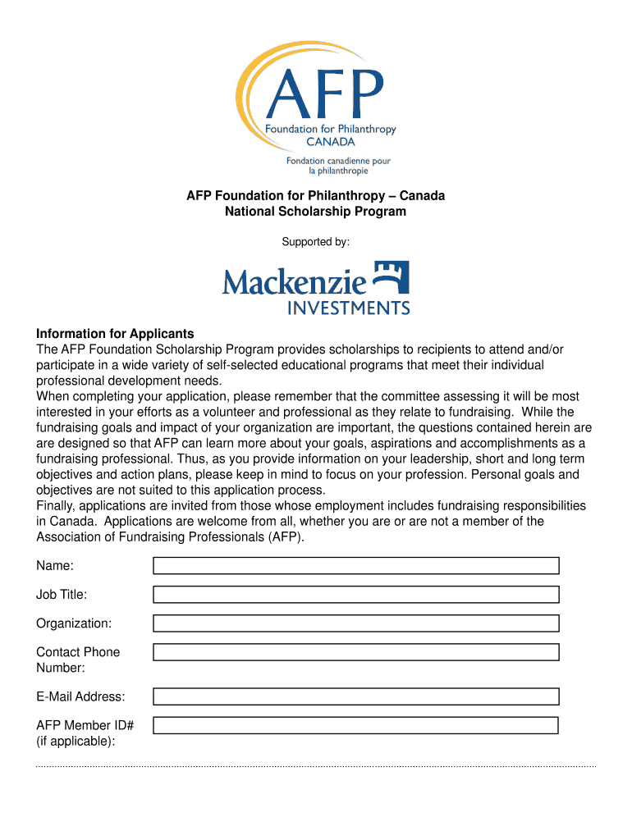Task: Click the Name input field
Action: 356,566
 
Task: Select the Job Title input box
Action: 356,595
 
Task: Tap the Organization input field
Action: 356,623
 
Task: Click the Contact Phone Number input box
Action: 356,652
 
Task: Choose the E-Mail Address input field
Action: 356,696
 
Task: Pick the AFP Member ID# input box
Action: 356,725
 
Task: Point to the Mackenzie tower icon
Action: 391,278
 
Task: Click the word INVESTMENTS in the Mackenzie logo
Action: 348,308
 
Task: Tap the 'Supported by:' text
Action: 316,242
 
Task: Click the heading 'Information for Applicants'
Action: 115,334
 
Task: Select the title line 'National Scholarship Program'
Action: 316,212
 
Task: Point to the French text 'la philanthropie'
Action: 338,171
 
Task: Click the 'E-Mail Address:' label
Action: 80,696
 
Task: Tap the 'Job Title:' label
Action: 62,595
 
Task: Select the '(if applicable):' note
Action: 76,741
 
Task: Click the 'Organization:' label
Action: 74,623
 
